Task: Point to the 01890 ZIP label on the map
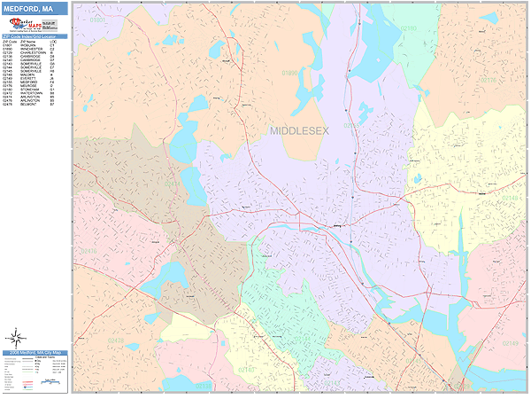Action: point(290,74)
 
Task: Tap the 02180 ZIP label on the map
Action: point(408,28)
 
